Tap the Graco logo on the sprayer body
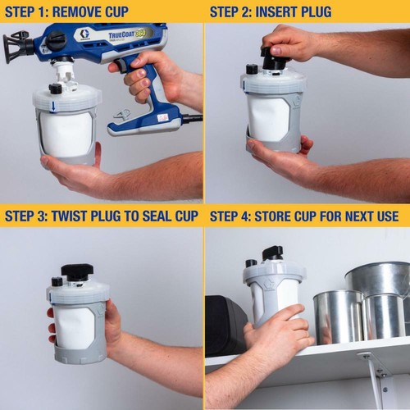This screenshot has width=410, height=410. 84,35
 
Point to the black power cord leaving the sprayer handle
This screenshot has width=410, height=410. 193,119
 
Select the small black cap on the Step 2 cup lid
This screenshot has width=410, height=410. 251,69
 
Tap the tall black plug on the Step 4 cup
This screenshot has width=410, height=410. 272,253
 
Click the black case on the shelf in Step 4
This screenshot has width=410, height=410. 224,324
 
